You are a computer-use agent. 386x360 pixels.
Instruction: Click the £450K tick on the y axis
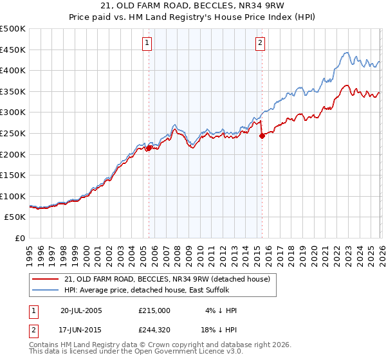coord(13,50)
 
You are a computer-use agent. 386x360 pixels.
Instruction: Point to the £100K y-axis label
coord(13,196)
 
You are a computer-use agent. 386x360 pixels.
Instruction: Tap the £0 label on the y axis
coord(20,238)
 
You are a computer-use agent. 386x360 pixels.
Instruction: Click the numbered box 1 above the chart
coord(147,43)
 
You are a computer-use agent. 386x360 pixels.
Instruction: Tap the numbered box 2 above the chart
coord(260,43)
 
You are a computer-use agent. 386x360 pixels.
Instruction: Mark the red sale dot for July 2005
coord(149,148)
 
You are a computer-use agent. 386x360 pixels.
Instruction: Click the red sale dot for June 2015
coord(262,136)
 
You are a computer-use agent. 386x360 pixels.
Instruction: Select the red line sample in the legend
coord(46,279)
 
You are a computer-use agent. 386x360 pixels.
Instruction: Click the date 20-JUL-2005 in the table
coord(81,310)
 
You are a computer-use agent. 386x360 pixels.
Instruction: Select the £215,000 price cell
coord(154,310)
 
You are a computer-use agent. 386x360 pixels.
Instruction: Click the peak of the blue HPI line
coord(346,53)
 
